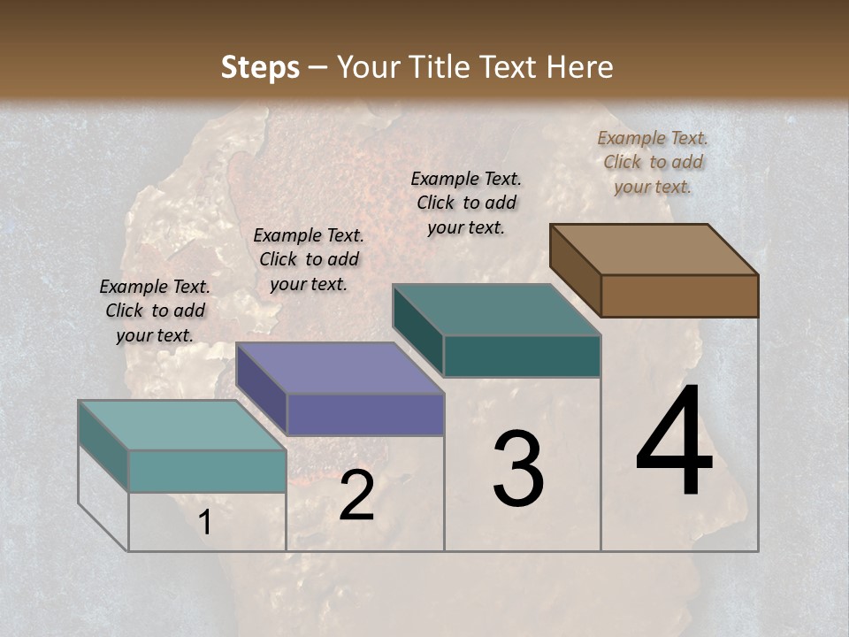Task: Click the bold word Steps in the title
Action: click(260, 67)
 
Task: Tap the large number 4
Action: click(674, 442)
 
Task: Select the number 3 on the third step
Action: click(518, 469)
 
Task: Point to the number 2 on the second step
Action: click(356, 496)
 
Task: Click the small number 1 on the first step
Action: click(204, 523)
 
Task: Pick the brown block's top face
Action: click(654, 249)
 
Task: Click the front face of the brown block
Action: click(679, 295)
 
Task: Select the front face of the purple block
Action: click(365, 414)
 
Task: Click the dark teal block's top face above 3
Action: click(496, 310)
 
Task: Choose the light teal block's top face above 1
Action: click(181, 426)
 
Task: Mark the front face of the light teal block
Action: click(207, 471)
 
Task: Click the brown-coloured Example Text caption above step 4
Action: click(653, 162)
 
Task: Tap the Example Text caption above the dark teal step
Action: click(466, 203)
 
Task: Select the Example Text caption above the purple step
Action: click(309, 259)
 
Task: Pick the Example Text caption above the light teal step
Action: click(155, 311)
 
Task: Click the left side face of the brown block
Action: click(575, 270)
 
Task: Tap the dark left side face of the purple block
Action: click(261, 388)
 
